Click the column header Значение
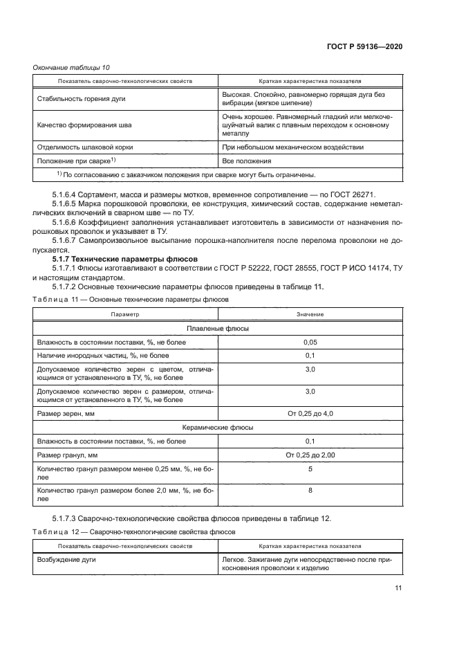(x=310, y=313)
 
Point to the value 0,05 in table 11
(x=310, y=342)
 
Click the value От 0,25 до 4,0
(x=310, y=413)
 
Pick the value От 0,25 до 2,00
(x=310, y=455)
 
